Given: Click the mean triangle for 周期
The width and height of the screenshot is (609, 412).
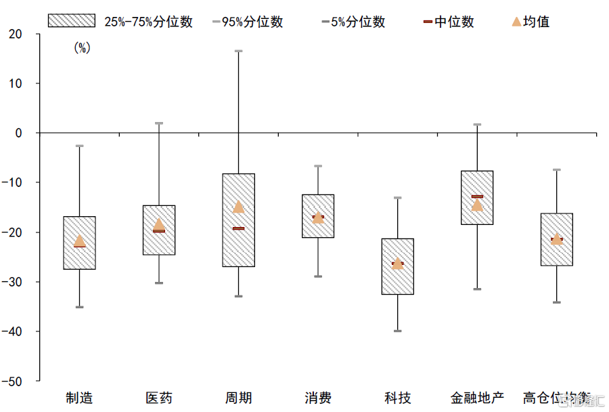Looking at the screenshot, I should (x=238, y=207).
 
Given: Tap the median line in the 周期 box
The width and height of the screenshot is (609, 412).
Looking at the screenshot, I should (x=238, y=228).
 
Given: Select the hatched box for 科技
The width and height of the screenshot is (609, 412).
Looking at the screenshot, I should (x=397, y=266).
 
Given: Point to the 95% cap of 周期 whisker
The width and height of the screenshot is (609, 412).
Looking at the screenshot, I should (x=238, y=51).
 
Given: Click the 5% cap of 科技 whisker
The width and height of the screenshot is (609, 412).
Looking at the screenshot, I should (x=397, y=331).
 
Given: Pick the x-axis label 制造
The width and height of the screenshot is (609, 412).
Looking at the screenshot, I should (x=79, y=398).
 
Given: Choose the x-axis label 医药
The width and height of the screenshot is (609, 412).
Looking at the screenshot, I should (x=159, y=398).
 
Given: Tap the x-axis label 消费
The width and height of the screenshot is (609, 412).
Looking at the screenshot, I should (x=318, y=398).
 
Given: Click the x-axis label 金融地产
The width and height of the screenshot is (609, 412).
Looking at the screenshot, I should (x=477, y=398).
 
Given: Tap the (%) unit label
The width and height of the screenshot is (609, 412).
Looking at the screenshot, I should (x=81, y=47).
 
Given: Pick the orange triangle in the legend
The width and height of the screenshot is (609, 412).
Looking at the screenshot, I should (x=517, y=22).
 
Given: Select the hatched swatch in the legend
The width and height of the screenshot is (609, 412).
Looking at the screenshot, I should (x=72, y=21).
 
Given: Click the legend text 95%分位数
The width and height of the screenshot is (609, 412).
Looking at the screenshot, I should (x=252, y=22).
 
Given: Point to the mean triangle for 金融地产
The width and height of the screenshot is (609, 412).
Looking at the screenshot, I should (x=477, y=204).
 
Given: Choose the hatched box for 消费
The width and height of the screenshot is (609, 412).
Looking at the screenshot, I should (x=318, y=216).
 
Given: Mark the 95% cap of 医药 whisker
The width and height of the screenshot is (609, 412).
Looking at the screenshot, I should (x=159, y=123).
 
